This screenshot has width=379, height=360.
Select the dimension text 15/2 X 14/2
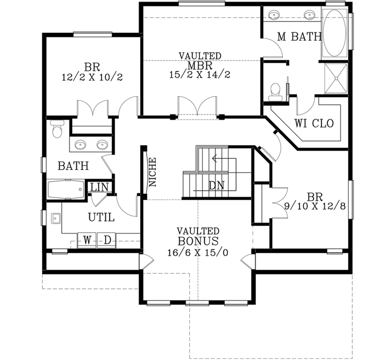(200, 75)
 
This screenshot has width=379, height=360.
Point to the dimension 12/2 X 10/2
(92, 77)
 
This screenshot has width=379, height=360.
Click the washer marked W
(87, 240)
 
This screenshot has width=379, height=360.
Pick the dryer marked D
(106, 240)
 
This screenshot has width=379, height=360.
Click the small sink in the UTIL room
(55, 217)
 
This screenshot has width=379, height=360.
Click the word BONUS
(198, 241)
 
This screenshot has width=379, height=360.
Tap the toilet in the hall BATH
(57, 128)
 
